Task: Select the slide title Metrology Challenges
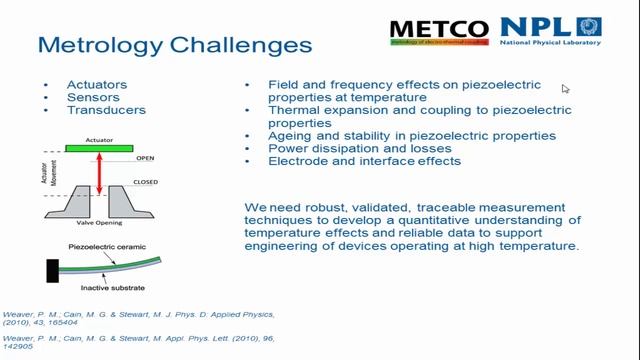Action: [x=174, y=45]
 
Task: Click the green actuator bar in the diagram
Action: [x=98, y=149]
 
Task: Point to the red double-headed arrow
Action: [x=98, y=175]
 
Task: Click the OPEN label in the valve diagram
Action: [x=145, y=158]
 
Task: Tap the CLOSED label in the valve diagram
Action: [x=149, y=182]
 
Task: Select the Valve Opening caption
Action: [x=98, y=226]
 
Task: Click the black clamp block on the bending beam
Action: [x=52, y=269]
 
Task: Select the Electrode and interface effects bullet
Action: [x=364, y=161]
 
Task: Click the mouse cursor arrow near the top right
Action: [x=565, y=89]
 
